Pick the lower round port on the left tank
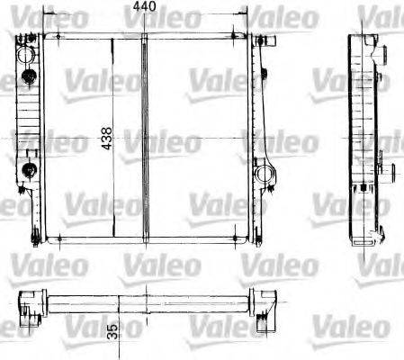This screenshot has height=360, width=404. pyautogui.click(x=28, y=168)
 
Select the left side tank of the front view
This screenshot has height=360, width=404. pyautogui.click(x=26, y=135)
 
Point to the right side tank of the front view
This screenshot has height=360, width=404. pyautogui.click(x=262, y=135)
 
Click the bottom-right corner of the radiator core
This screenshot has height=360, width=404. pyautogui.click(x=248, y=239)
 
